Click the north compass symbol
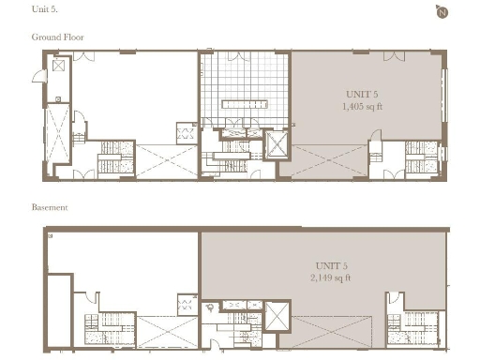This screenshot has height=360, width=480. coord(441,11)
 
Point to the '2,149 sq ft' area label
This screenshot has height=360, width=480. coord(331,277)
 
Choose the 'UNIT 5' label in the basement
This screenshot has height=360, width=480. coord(331,265)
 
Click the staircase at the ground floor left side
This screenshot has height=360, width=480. coord(111,157)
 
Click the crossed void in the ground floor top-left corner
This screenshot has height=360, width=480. coord(59,67)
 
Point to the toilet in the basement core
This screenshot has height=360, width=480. coord(213,307)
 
